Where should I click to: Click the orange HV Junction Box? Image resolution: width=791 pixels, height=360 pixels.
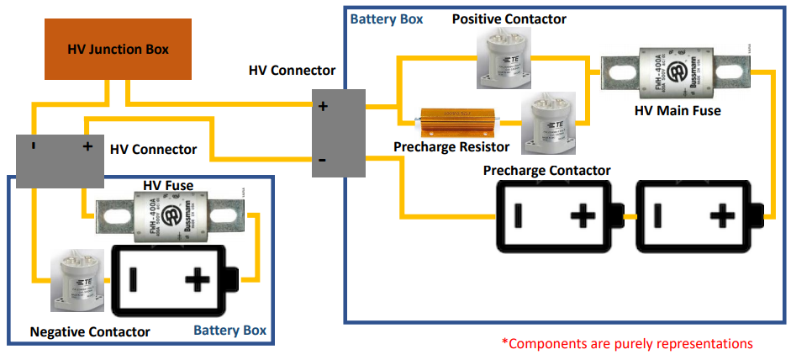pyautogui.click(x=118, y=50)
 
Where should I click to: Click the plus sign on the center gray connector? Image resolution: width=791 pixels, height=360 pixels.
pyautogui.click(x=322, y=107)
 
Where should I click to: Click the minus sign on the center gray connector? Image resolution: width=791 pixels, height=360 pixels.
pyautogui.click(x=322, y=159)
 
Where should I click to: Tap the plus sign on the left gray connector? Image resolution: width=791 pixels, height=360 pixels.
pyautogui.click(x=87, y=146)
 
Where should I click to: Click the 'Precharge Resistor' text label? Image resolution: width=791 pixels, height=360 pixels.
pyautogui.click(x=451, y=146)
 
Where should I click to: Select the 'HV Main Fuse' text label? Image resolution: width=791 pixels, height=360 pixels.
pyautogui.click(x=677, y=109)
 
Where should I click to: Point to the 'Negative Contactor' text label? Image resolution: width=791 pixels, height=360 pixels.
pyautogui.click(x=90, y=331)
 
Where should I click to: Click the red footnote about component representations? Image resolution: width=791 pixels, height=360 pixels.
pyautogui.click(x=626, y=343)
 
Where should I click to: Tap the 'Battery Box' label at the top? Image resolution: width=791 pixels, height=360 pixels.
pyautogui.click(x=387, y=18)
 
